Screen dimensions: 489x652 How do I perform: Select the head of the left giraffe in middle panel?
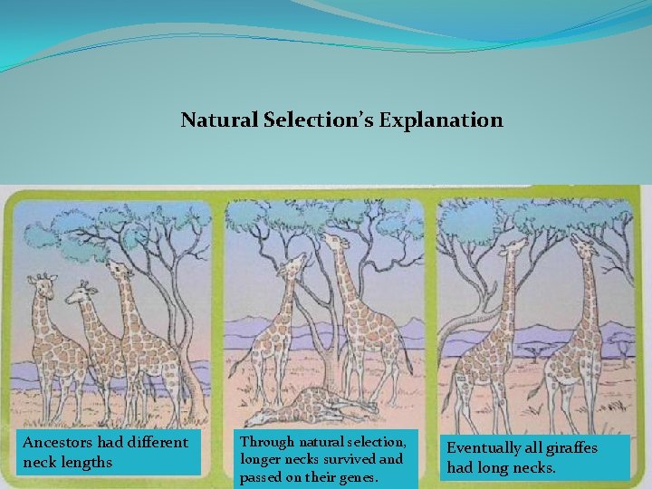(x=292, y=264)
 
